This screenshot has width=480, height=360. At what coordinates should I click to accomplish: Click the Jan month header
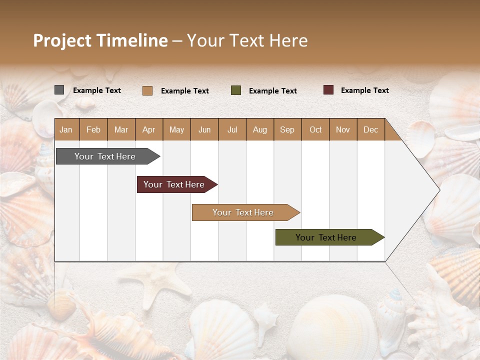click(66, 129)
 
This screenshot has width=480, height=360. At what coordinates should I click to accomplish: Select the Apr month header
click(149, 129)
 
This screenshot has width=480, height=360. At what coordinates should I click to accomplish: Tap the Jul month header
click(232, 129)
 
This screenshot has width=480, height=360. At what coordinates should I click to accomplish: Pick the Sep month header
click(287, 129)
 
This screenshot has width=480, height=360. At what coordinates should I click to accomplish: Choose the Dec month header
click(370, 129)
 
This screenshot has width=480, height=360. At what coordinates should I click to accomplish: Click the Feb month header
click(93, 129)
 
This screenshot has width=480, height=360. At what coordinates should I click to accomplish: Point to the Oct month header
click(315, 129)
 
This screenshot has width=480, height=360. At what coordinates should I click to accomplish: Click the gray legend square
click(59, 90)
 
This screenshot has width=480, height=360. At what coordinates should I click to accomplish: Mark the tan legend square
click(147, 90)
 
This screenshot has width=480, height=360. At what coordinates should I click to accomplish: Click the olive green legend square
click(236, 90)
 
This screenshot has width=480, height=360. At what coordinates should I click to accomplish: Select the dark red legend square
click(328, 90)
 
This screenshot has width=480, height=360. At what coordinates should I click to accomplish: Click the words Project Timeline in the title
click(100, 40)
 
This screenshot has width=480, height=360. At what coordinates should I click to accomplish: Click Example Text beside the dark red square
click(364, 90)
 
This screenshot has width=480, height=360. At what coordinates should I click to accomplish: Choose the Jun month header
click(204, 129)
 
